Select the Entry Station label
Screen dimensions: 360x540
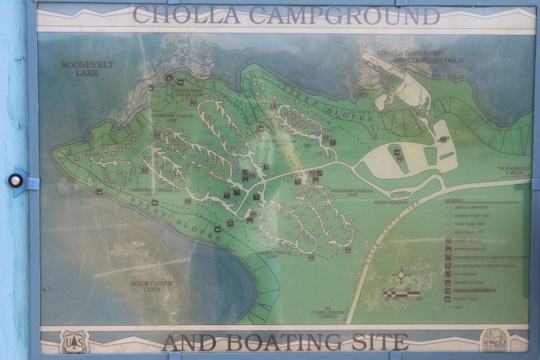coord(391,201)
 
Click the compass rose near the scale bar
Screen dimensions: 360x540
coord(401,275)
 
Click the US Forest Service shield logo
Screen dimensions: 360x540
coord(72,341)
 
